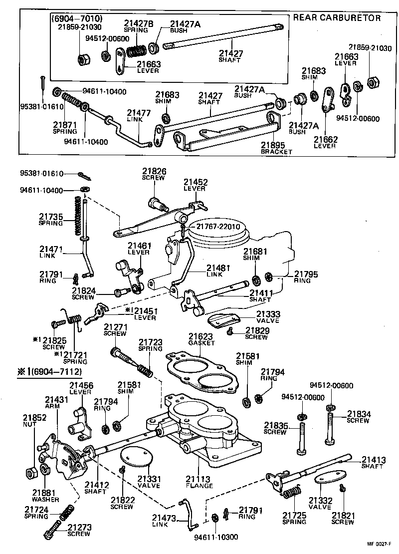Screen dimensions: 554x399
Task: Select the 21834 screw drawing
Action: pyautogui.click(x=329, y=424)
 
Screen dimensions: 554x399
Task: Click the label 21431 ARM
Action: pyautogui.click(x=53, y=403)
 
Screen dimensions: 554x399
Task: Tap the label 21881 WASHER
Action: pyautogui.click(x=45, y=496)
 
